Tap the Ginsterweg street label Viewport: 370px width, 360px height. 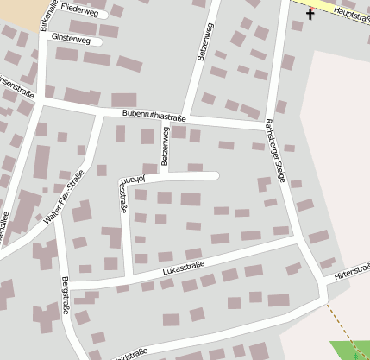[71, 40]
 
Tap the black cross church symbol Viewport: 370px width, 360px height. [310, 14]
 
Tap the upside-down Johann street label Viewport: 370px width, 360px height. [133, 179]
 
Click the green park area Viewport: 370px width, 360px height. [353, 351]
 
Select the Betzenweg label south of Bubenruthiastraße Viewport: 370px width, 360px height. [164, 148]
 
